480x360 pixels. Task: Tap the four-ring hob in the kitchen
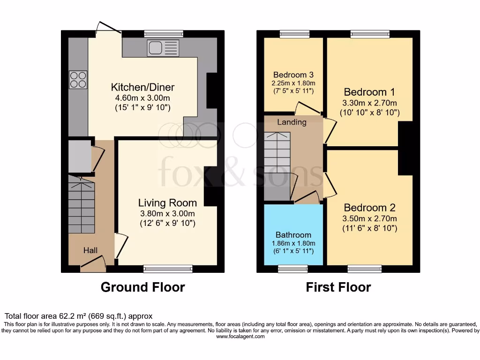(78, 79)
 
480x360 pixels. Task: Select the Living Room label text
(167, 203)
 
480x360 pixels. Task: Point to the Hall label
(90, 251)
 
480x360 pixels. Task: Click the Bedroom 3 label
(293, 75)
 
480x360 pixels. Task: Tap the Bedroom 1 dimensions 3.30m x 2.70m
(369, 103)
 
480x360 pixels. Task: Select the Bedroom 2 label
(369, 208)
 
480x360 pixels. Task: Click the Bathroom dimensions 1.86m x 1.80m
(293, 243)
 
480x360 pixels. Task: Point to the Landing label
(292, 122)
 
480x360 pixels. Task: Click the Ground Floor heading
(142, 287)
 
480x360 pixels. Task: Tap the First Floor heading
(338, 287)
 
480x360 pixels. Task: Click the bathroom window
(292, 268)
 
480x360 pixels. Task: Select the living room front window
(168, 269)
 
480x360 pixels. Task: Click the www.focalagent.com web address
(240, 337)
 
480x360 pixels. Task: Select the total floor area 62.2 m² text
(78, 316)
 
